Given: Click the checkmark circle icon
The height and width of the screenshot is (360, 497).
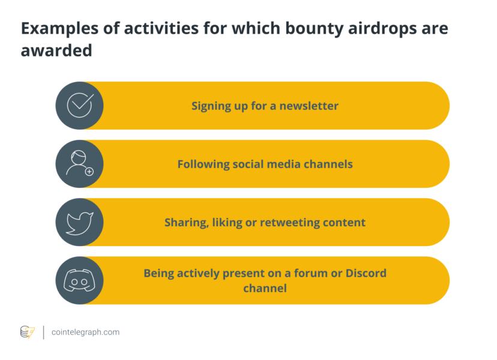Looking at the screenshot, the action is (x=80, y=106).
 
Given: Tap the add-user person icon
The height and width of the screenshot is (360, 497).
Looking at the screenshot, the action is (x=79, y=163).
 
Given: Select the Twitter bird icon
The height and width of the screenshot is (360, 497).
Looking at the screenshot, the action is (x=80, y=223).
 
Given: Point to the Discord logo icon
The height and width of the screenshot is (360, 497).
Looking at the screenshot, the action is (x=80, y=280).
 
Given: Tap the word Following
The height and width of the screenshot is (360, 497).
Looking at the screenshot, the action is (x=203, y=164).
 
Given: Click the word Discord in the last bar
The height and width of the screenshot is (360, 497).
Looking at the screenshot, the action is (x=366, y=273).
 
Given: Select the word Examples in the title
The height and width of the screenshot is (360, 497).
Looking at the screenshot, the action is (x=59, y=29).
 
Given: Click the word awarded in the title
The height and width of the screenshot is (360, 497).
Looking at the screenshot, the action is (x=56, y=50).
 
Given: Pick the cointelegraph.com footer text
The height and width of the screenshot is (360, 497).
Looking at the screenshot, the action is (x=86, y=332).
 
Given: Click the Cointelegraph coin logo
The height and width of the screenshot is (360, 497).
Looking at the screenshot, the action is (x=27, y=332).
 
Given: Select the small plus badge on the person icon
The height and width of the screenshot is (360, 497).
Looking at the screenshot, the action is (x=89, y=172).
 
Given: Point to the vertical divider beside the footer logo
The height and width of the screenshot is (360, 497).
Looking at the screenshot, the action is (x=43, y=332).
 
